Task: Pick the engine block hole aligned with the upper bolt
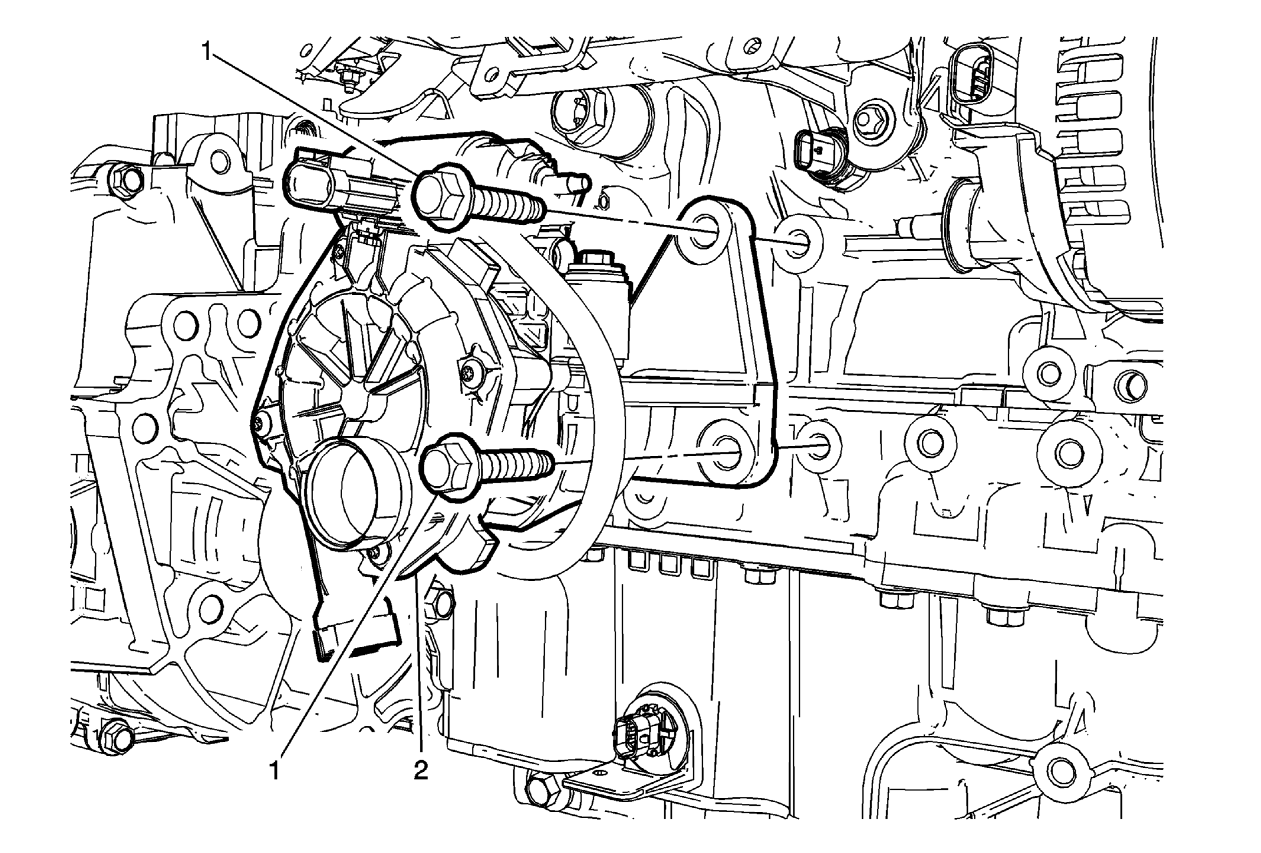coord(798,243)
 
